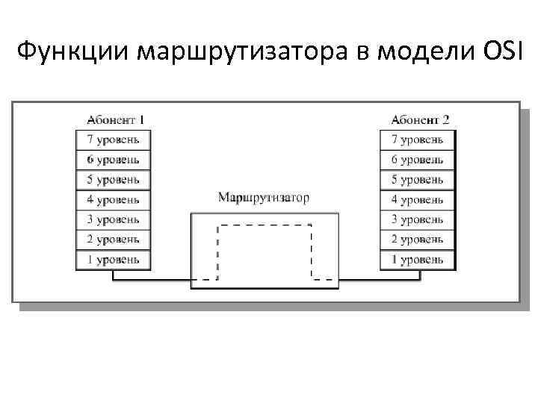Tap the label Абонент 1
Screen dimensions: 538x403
116,119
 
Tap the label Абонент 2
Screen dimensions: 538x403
421,119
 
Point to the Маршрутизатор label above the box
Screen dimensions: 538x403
264,198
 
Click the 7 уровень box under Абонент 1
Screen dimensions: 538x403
114,139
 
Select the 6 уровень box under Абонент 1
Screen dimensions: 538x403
114,159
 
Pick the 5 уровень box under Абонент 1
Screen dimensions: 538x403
114,179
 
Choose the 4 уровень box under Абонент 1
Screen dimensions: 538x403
114,199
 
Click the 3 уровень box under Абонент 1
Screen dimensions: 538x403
114,219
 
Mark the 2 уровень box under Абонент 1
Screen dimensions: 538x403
114,240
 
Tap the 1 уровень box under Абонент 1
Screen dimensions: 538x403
114,260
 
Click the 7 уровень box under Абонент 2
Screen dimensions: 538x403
418,139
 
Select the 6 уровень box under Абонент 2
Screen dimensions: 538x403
418,159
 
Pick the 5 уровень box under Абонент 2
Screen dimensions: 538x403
418,179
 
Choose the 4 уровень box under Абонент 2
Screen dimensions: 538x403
418,199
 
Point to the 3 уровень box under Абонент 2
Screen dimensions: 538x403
418,219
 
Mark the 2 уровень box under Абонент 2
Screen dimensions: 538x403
418,240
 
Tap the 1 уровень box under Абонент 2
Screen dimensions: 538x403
418,260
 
